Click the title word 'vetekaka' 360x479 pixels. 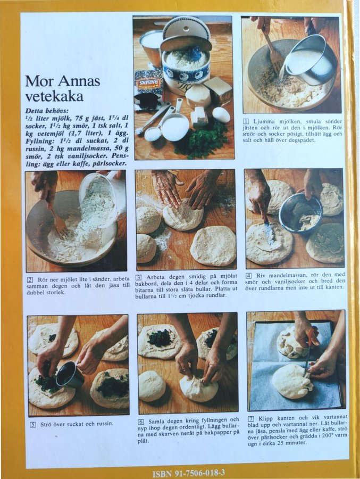coord(54,96)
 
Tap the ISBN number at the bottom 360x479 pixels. coord(189,473)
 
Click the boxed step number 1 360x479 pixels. coord(246,121)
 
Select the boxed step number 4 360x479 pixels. coord(249,275)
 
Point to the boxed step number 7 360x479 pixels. coord(251,418)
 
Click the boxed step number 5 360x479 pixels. coord(32,424)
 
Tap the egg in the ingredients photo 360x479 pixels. coord(221,114)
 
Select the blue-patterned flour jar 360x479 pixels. coord(186,65)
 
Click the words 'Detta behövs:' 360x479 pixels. coord(47,111)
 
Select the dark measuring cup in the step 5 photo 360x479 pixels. coord(70,374)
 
